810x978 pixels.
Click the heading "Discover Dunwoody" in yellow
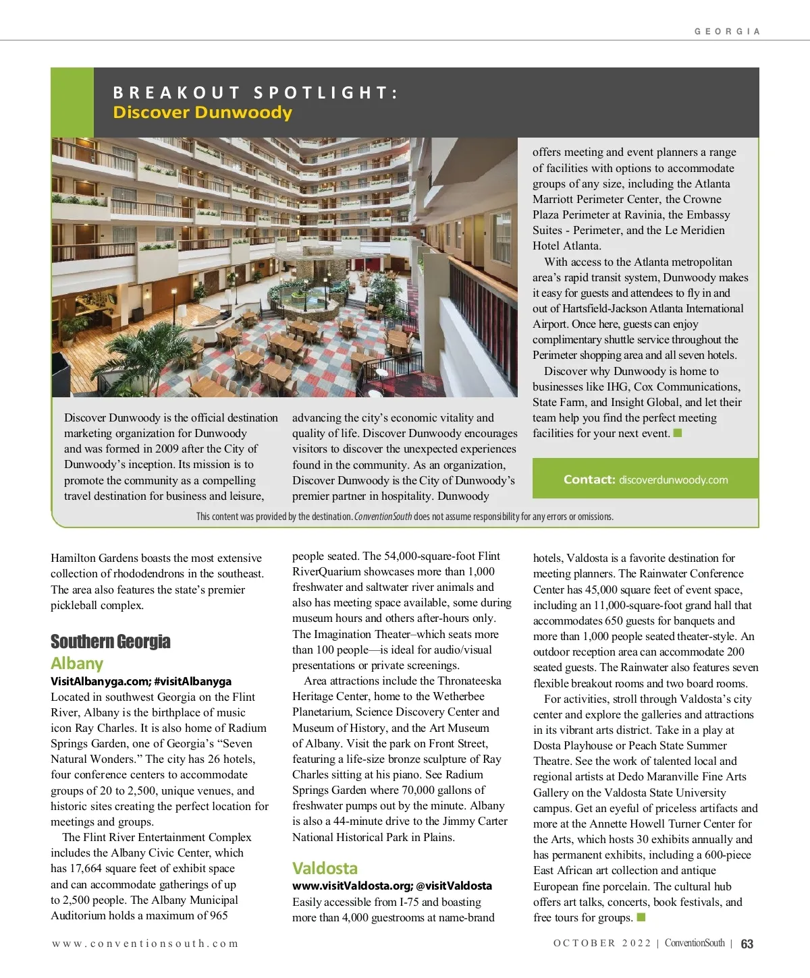202,113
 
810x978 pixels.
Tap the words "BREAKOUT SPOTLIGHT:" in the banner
255,92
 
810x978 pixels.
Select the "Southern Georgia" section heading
110,641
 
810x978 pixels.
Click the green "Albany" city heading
77,664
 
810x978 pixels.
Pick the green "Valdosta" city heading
325,868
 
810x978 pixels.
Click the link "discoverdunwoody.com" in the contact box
673,480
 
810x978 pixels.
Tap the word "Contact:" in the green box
589,480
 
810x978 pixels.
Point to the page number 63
747,944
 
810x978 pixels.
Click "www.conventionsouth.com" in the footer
145,944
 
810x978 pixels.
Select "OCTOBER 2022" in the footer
602,943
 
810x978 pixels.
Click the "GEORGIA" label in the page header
727,32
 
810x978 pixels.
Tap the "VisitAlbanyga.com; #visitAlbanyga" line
141,681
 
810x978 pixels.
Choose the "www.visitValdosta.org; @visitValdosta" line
391,886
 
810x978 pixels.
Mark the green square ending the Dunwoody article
678,433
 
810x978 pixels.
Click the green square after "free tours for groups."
641,917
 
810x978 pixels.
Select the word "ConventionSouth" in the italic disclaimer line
383,517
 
